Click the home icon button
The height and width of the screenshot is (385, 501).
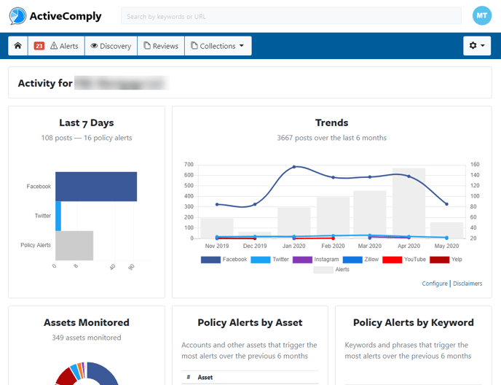tap(17, 46)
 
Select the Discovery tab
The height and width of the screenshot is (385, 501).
tap(111, 46)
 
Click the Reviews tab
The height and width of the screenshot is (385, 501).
tap(161, 46)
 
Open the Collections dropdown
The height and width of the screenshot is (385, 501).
tap(218, 46)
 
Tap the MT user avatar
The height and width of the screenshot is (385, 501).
tap(482, 15)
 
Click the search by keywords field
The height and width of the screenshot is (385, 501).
tap(291, 16)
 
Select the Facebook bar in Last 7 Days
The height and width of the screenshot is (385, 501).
tap(96, 187)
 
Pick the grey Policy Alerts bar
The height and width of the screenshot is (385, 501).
tap(74, 245)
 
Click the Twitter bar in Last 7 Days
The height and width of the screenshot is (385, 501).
tap(58, 216)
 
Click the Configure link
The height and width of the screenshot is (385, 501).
tap(435, 284)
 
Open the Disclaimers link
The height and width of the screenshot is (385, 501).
tap(468, 284)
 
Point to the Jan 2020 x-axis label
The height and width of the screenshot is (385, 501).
tap(294, 246)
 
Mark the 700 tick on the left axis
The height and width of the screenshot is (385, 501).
tap(189, 165)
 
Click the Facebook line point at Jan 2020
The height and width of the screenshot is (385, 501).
tap(294, 167)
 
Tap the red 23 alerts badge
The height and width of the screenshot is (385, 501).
tap(39, 46)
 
